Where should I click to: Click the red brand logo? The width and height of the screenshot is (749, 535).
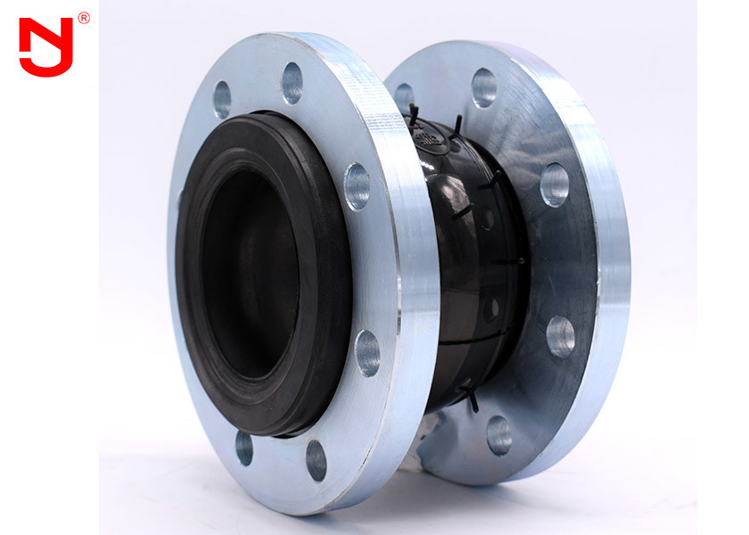pyautogui.click(x=45, y=46)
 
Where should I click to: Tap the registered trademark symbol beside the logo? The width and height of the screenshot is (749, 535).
pyautogui.click(x=84, y=18)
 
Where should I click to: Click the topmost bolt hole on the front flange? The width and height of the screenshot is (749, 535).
pyautogui.click(x=292, y=83)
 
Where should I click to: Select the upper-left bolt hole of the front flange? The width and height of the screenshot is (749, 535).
pyautogui.click(x=222, y=99)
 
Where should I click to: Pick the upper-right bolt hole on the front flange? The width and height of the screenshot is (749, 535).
pyautogui.click(x=357, y=186)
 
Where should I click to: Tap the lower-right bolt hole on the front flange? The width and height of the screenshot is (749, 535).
pyautogui.click(x=367, y=352)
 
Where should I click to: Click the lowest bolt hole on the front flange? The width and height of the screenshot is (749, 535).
pyautogui.click(x=316, y=460)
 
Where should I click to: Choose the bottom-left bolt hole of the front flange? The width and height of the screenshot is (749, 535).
pyautogui.click(x=243, y=448)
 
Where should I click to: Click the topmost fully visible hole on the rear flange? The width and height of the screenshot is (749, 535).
pyautogui.click(x=484, y=87)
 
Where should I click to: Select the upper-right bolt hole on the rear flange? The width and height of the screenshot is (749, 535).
pyautogui.click(x=554, y=185)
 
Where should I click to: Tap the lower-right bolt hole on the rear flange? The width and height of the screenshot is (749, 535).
pyautogui.click(x=560, y=336)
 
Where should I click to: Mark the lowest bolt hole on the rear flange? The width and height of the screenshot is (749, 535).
pyautogui.click(x=499, y=434)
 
